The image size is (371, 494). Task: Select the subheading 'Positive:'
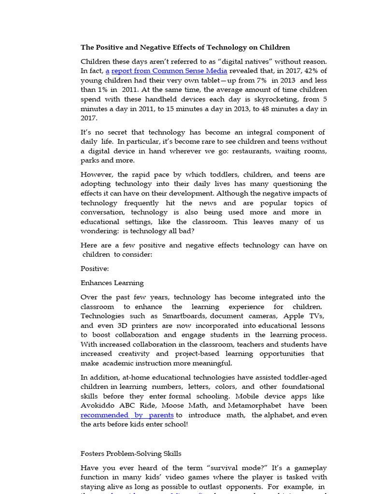[x=95, y=269]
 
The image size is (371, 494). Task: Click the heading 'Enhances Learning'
[x=112, y=283]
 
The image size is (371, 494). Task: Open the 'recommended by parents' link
[x=127, y=415]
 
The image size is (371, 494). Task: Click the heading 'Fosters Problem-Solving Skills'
[x=131, y=453]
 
